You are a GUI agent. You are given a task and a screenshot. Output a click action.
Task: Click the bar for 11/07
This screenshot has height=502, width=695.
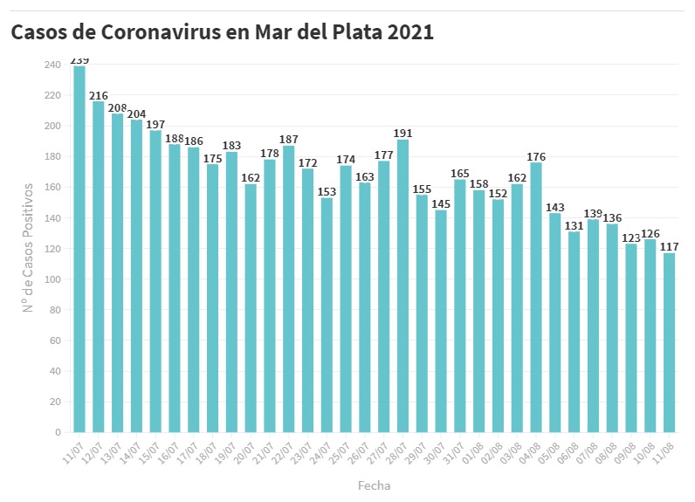(x=79, y=249)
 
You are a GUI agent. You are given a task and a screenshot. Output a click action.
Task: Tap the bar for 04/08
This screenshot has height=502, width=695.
(x=536, y=297)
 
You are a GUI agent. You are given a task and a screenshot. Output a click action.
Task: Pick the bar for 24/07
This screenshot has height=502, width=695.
(x=327, y=314)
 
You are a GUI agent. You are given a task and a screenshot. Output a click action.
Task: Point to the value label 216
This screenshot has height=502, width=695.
(x=99, y=95)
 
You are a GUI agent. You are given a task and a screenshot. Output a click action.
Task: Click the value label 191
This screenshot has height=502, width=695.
(x=403, y=134)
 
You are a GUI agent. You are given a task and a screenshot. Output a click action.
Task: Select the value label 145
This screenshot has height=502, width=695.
(x=441, y=203)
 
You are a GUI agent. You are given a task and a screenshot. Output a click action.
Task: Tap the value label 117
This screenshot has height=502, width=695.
(x=669, y=246)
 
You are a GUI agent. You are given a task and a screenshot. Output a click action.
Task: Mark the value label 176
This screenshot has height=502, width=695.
(x=536, y=156)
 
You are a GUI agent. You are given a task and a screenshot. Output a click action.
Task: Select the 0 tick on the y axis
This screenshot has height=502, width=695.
(x=58, y=432)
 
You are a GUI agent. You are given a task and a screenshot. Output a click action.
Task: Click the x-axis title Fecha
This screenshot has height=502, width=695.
(x=374, y=485)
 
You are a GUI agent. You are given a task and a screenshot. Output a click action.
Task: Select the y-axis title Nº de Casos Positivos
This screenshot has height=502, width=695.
(x=29, y=248)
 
